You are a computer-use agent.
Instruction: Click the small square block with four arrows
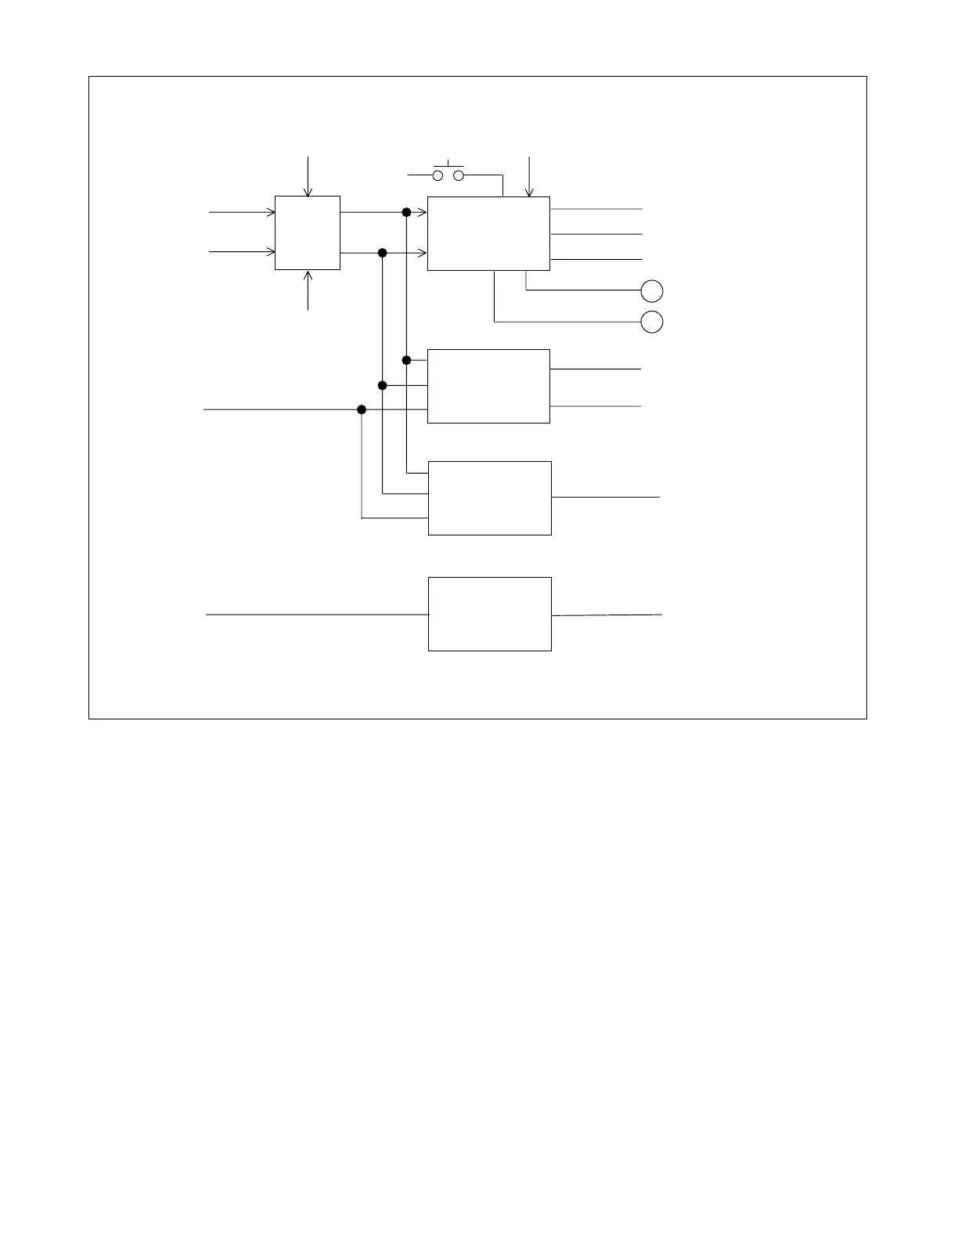point(308,232)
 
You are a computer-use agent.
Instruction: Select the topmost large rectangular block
point(488,233)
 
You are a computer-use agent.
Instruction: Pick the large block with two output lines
point(488,386)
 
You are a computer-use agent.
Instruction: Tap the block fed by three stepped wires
point(490,498)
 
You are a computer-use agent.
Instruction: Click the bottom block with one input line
point(490,614)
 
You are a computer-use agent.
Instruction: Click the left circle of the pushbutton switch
point(438,175)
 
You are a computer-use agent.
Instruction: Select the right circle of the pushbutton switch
point(459,175)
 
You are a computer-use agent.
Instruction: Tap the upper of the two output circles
point(652,291)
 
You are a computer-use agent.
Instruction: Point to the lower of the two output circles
point(652,322)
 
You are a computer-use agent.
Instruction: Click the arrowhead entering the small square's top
point(308,192)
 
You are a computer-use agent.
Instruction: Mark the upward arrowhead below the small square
point(308,275)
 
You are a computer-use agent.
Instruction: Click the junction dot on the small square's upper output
point(406,212)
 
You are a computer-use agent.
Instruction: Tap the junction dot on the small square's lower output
point(383,253)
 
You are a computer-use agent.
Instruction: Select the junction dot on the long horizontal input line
point(362,409)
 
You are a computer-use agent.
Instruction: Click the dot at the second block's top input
point(406,360)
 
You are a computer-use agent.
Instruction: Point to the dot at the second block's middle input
point(383,385)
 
